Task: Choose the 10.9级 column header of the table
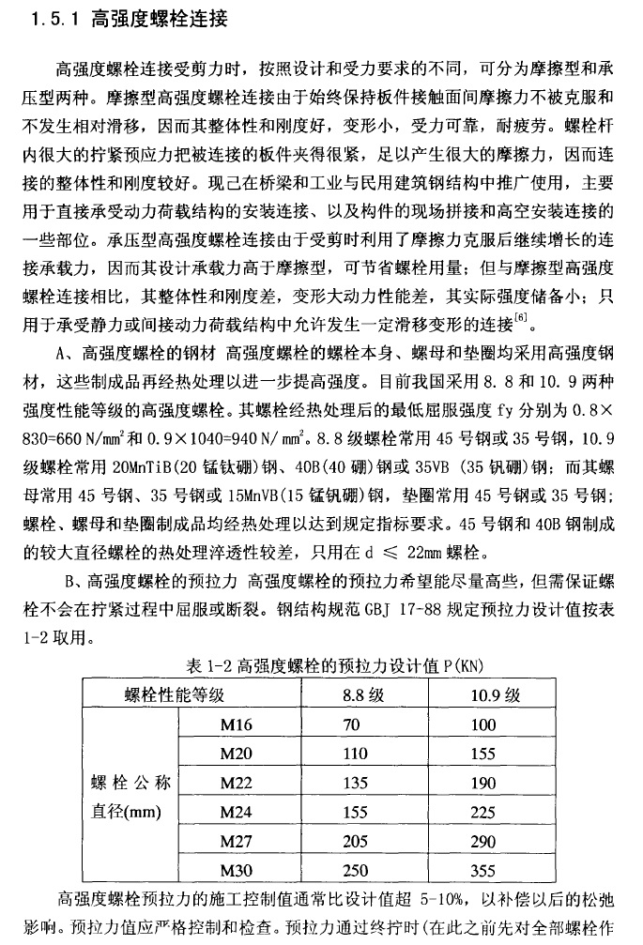point(496,696)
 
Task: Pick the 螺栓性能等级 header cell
point(175,696)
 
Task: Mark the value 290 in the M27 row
point(483,842)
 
